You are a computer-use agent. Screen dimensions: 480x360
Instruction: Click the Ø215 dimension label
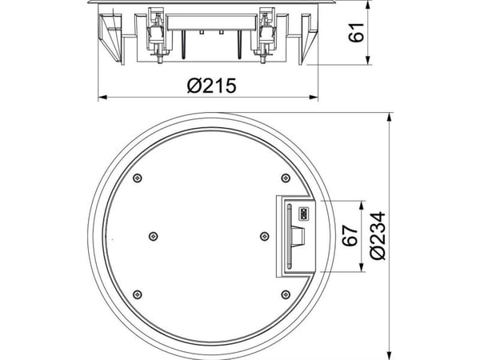[211, 86]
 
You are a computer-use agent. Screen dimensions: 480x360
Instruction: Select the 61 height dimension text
[357, 32]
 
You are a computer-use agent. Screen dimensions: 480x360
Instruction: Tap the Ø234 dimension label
[378, 236]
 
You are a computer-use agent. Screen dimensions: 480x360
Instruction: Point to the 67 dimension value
[350, 236]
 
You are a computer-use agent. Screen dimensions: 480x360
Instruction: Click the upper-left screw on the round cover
[138, 178]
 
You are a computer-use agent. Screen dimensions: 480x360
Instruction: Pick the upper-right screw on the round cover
[286, 178]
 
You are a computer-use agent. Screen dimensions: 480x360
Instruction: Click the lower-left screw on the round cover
[138, 294]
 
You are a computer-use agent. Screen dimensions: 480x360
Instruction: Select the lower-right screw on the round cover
[286, 294]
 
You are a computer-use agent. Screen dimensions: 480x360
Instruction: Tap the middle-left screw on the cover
[154, 236]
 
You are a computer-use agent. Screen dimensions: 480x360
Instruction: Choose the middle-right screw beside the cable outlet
[265, 236]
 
